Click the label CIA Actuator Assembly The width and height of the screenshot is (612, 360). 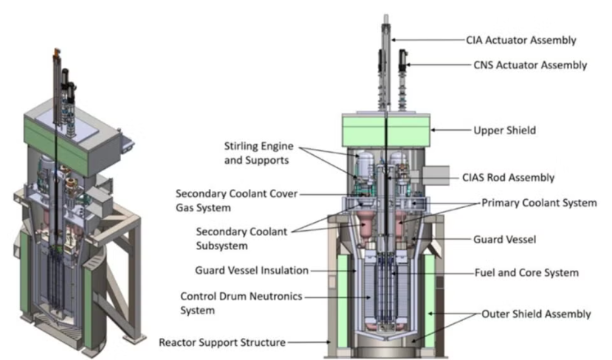click(520, 40)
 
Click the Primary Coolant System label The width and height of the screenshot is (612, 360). click(538, 202)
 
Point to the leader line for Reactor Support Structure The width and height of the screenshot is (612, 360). click(306, 342)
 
